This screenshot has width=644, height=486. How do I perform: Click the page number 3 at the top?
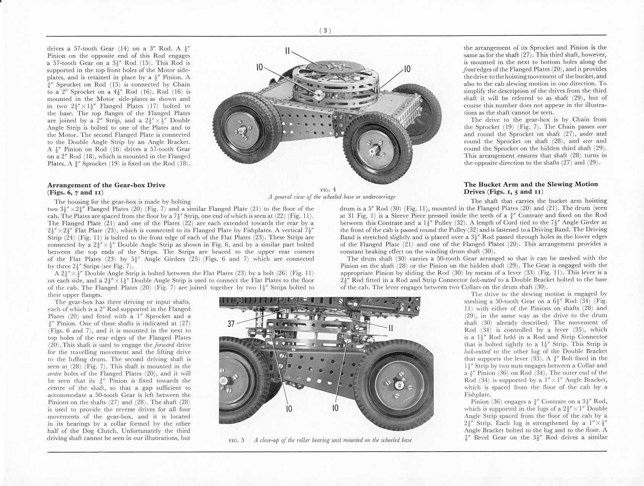point(325,31)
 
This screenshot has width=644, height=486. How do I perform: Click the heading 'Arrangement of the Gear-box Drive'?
point(106,185)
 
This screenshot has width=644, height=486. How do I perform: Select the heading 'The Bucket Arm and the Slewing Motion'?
point(531,184)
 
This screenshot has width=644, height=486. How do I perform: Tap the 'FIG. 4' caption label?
point(328,190)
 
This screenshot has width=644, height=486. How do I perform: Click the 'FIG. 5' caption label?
point(236,440)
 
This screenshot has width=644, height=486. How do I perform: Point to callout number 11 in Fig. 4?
point(288,51)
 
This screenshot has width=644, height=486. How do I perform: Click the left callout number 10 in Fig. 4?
point(260,68)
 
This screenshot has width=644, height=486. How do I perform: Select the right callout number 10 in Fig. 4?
point(407,69)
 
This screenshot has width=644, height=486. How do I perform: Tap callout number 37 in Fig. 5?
point(231,324)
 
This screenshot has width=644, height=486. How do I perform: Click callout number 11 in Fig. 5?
point(391,328)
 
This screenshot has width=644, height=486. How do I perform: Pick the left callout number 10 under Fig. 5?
point(289,408)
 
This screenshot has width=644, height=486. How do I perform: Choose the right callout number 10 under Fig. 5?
point(335,408)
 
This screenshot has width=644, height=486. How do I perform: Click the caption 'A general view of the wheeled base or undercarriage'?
point(331,197)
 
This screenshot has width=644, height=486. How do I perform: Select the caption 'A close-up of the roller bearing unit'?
point(333,440)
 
